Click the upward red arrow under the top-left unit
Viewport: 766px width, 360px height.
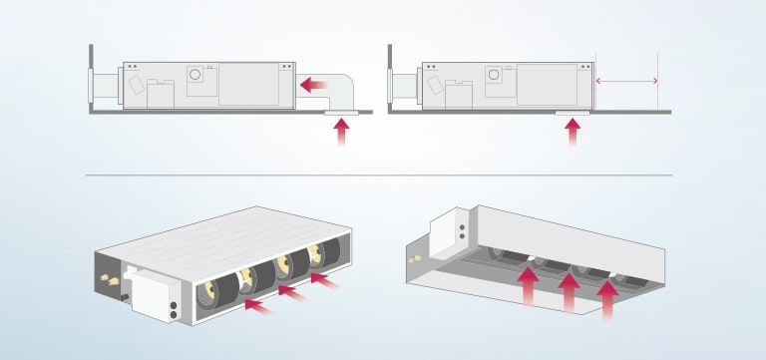click(x=343, y=134)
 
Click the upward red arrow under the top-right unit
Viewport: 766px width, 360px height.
click(x=573, y=134)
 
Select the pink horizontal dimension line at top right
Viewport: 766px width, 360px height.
click(x=626, y=81)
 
